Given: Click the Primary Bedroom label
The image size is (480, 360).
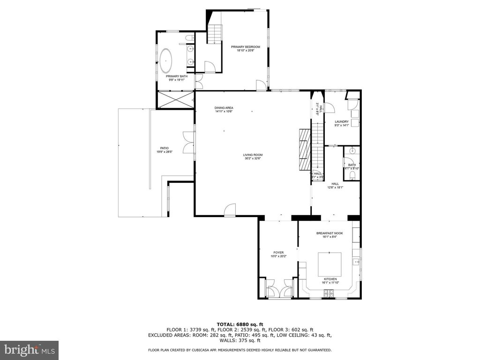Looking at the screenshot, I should coord(245,47).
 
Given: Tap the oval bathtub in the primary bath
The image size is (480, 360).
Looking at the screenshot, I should coord(166,60).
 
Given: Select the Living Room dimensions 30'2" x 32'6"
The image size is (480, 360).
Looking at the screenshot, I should coord(253,158).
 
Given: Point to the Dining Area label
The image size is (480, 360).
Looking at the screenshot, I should coord(224,108).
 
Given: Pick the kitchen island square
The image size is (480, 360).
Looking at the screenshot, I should coord(330,264).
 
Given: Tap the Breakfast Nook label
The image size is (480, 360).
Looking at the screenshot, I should coord(330,233).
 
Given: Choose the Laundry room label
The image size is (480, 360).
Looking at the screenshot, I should coord(341,122).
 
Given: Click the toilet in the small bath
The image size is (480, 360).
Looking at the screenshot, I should coord(352,175).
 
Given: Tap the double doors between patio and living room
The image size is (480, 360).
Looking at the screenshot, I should coord(189,141).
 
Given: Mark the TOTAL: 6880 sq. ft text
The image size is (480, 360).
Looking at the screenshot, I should coord(240,324).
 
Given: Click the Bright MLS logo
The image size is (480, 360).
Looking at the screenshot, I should coord(29,350).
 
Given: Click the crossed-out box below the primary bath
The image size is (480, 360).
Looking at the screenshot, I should coord(175,99).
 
